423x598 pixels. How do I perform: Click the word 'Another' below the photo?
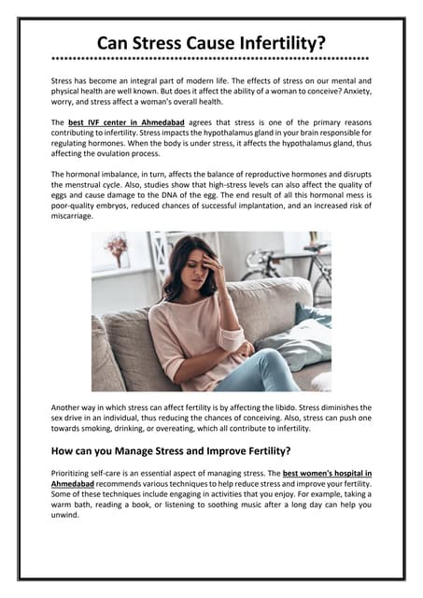pyautogui.click(x=71, y=407)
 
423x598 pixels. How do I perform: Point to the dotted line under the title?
pyautogui.click(x=211, y=59)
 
